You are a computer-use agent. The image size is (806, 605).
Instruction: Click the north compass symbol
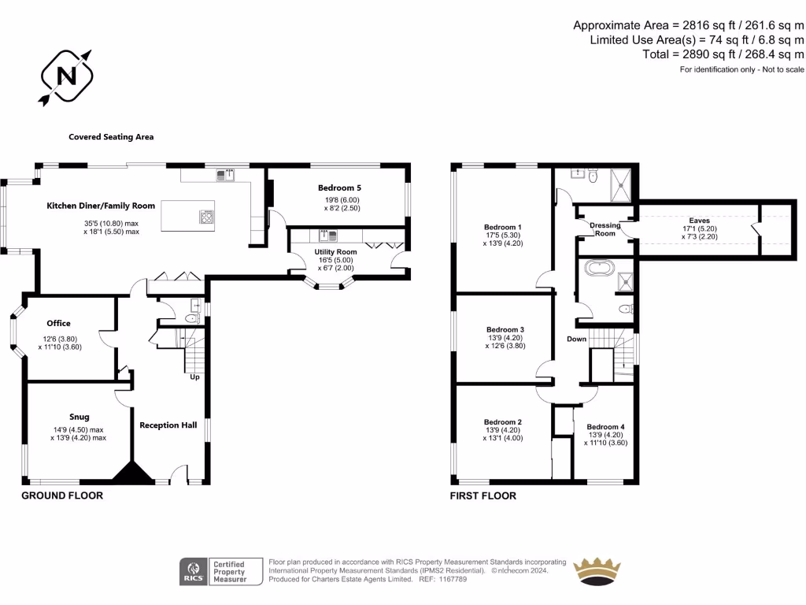coord(67,76)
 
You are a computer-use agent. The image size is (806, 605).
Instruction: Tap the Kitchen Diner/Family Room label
coord(101,206)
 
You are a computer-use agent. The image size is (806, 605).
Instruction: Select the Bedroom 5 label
coord(339,188)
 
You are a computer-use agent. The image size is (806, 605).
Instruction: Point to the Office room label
coord(58,323)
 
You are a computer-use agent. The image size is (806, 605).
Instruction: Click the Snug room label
coord(78,417)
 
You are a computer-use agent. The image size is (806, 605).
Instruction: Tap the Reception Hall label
coord(168,425)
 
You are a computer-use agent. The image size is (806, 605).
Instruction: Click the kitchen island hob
coord(207,216)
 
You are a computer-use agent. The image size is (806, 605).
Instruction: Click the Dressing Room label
coord(604,229)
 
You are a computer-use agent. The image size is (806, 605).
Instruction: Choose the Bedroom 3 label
coord(505,329)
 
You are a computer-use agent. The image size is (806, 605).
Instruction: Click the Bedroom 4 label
coord(605,427)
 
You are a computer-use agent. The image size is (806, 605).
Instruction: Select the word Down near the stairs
coord(577,340)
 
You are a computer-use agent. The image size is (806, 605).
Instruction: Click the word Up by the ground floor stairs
coord(194,377)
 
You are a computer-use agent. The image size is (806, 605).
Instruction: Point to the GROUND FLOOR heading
coord(61,496)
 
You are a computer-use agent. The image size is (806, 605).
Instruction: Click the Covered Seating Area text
coord(111,137)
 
